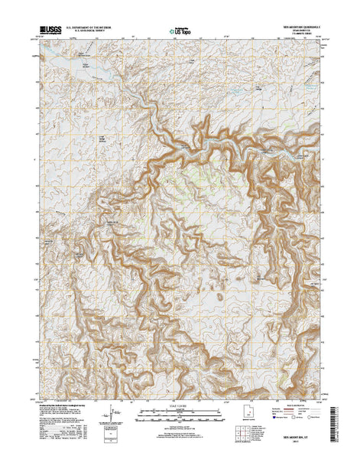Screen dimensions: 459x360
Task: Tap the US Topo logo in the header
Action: tap(181, 33)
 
